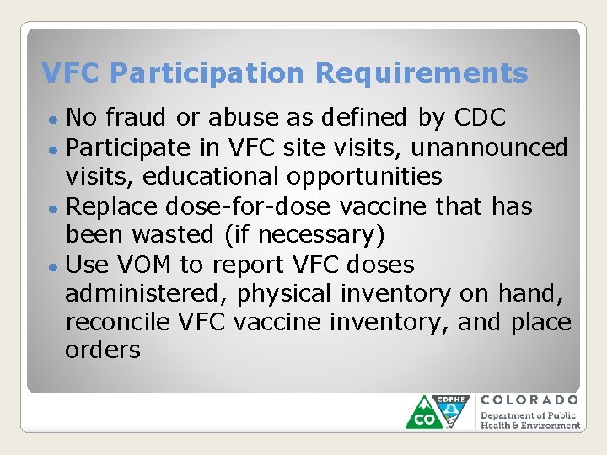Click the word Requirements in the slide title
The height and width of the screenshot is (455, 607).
[422, 74]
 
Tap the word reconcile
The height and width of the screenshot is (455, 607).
[118, 323]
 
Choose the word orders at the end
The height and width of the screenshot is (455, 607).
[102, 351]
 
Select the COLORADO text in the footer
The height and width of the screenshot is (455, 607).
[529, 400]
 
